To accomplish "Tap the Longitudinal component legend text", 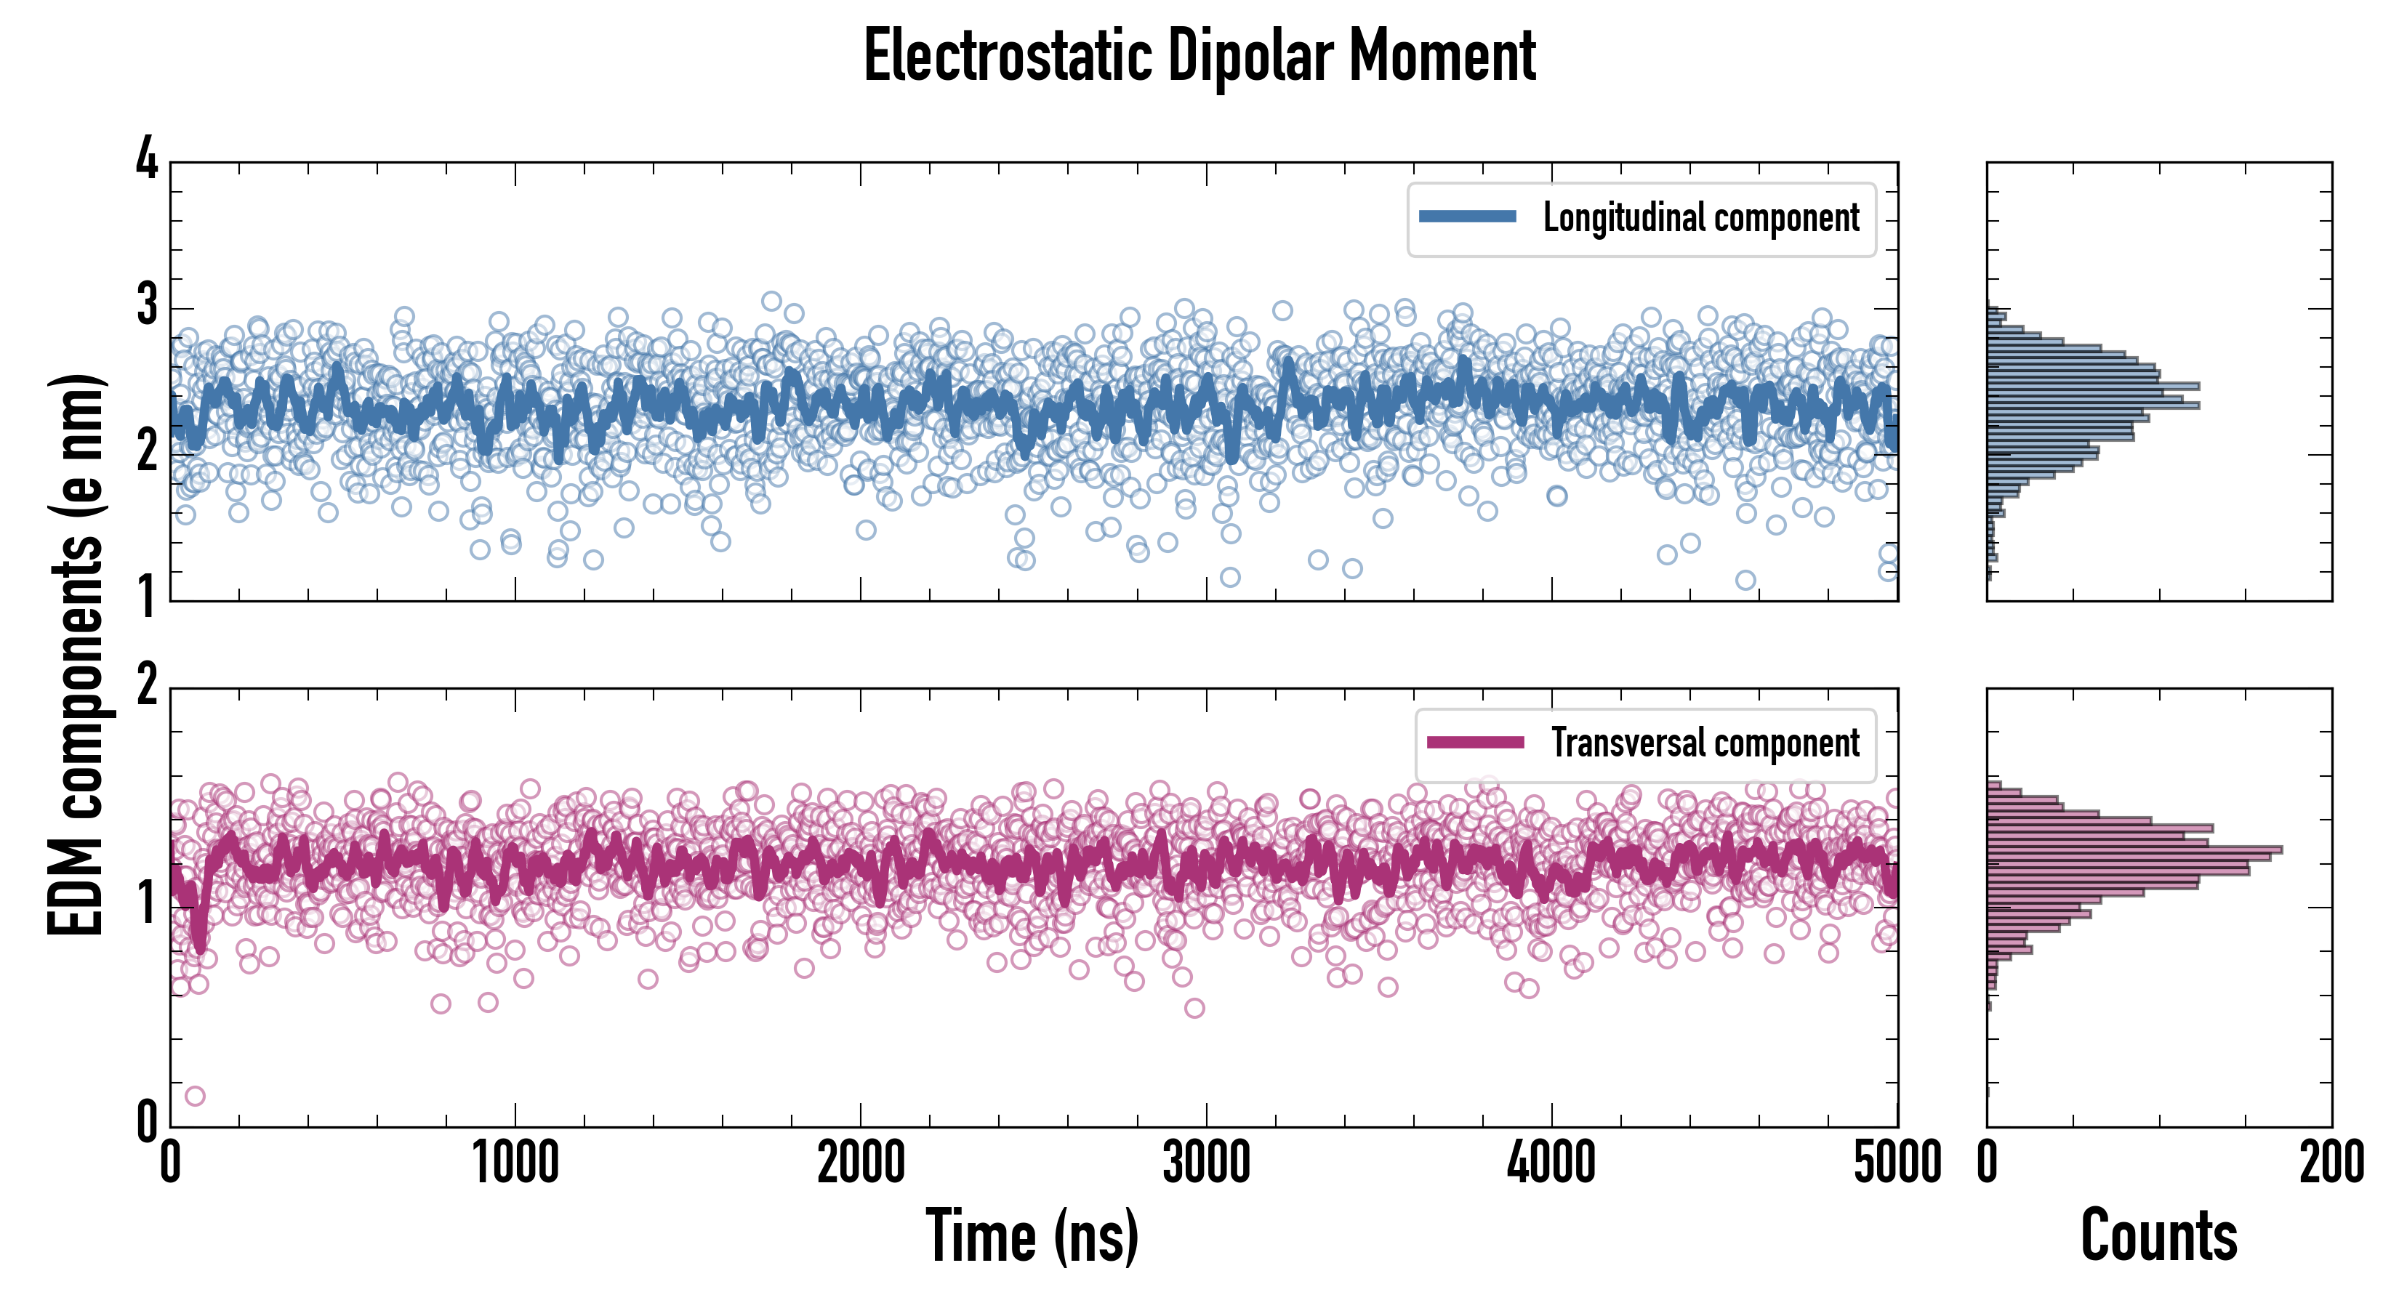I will [x=1700, y=218].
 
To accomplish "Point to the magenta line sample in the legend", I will [x=1475, y=742].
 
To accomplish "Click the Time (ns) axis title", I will [x=1032, y=1235].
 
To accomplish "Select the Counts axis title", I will [x=2158, y=1235].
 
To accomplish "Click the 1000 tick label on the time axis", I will [x=515, y=1163].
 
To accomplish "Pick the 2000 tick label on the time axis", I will [x=861, y=1163].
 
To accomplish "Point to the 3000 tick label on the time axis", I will [x=1206, y=1163].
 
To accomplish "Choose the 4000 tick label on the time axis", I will [x=1551, y=1163].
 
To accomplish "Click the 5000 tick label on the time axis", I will [x=1897, y=1163].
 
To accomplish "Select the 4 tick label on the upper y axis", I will [x=147, y=159].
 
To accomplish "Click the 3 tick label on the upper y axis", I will [x=147, y=304].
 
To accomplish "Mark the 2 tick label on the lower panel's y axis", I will [x=147, y=686].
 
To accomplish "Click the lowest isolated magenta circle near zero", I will [x=195, y=1096].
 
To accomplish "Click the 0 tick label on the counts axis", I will [x=1988, y=1163].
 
